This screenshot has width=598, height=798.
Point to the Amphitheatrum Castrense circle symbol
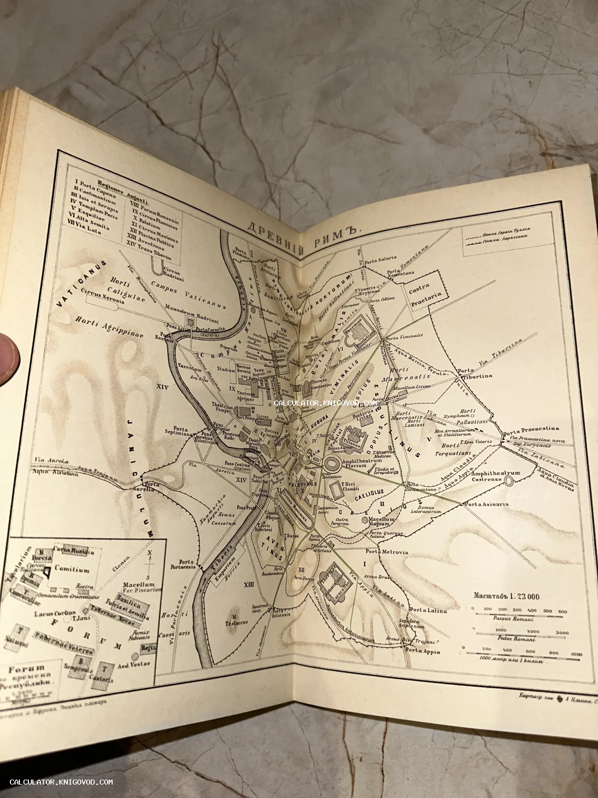pyautogui.click(x=509, y=480)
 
